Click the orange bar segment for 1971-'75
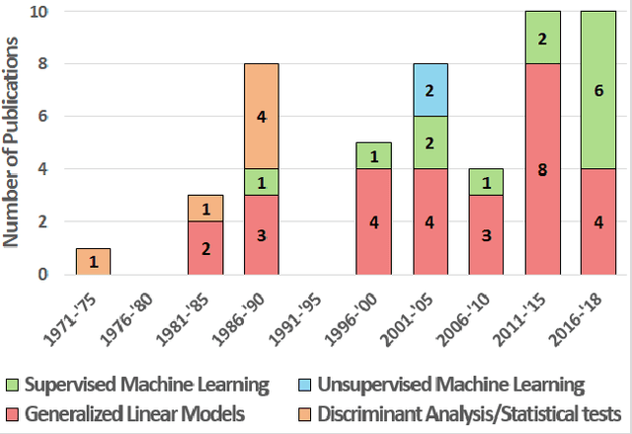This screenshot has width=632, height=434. [x=93, y=261]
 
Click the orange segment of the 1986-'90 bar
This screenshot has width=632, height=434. [x=262, y=116]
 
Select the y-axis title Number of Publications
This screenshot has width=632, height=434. [x=15, y=143]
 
